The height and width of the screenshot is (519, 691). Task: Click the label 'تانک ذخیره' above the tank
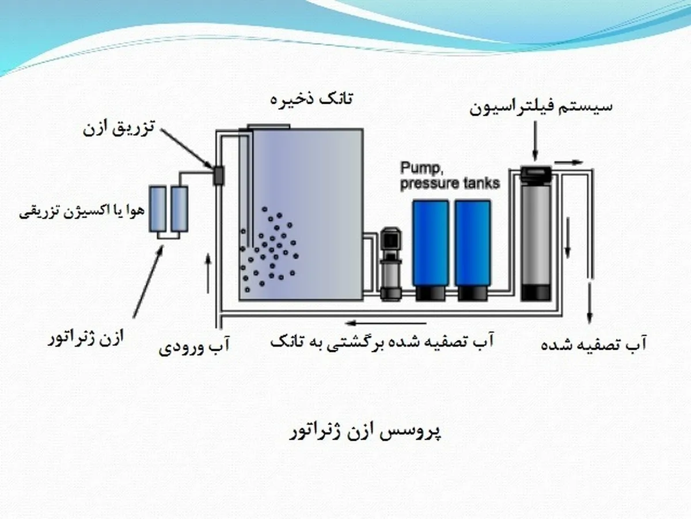point(312,99)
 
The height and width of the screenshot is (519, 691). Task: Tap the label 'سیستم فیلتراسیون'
point(541,107)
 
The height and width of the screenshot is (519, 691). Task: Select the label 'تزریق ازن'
point(119,128)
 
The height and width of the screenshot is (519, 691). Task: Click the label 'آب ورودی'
point(194,345)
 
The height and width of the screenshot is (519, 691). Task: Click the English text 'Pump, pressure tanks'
point(450,176)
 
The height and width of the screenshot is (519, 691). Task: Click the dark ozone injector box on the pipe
point(218,176)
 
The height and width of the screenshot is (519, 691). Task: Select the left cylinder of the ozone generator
point(157,209)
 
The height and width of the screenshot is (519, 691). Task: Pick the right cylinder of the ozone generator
point(180,209)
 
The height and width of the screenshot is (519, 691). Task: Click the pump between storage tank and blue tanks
point(391,264)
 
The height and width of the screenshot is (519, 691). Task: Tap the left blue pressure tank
point(431,251)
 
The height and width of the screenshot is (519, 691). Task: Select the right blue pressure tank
point(473,251)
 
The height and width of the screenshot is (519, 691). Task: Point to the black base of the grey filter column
point(536,293)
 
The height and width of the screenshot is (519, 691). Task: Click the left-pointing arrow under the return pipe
point(386,323)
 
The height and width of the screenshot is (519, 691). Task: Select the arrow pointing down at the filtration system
point(535,141)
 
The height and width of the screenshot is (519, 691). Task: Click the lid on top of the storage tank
point(268,127)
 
